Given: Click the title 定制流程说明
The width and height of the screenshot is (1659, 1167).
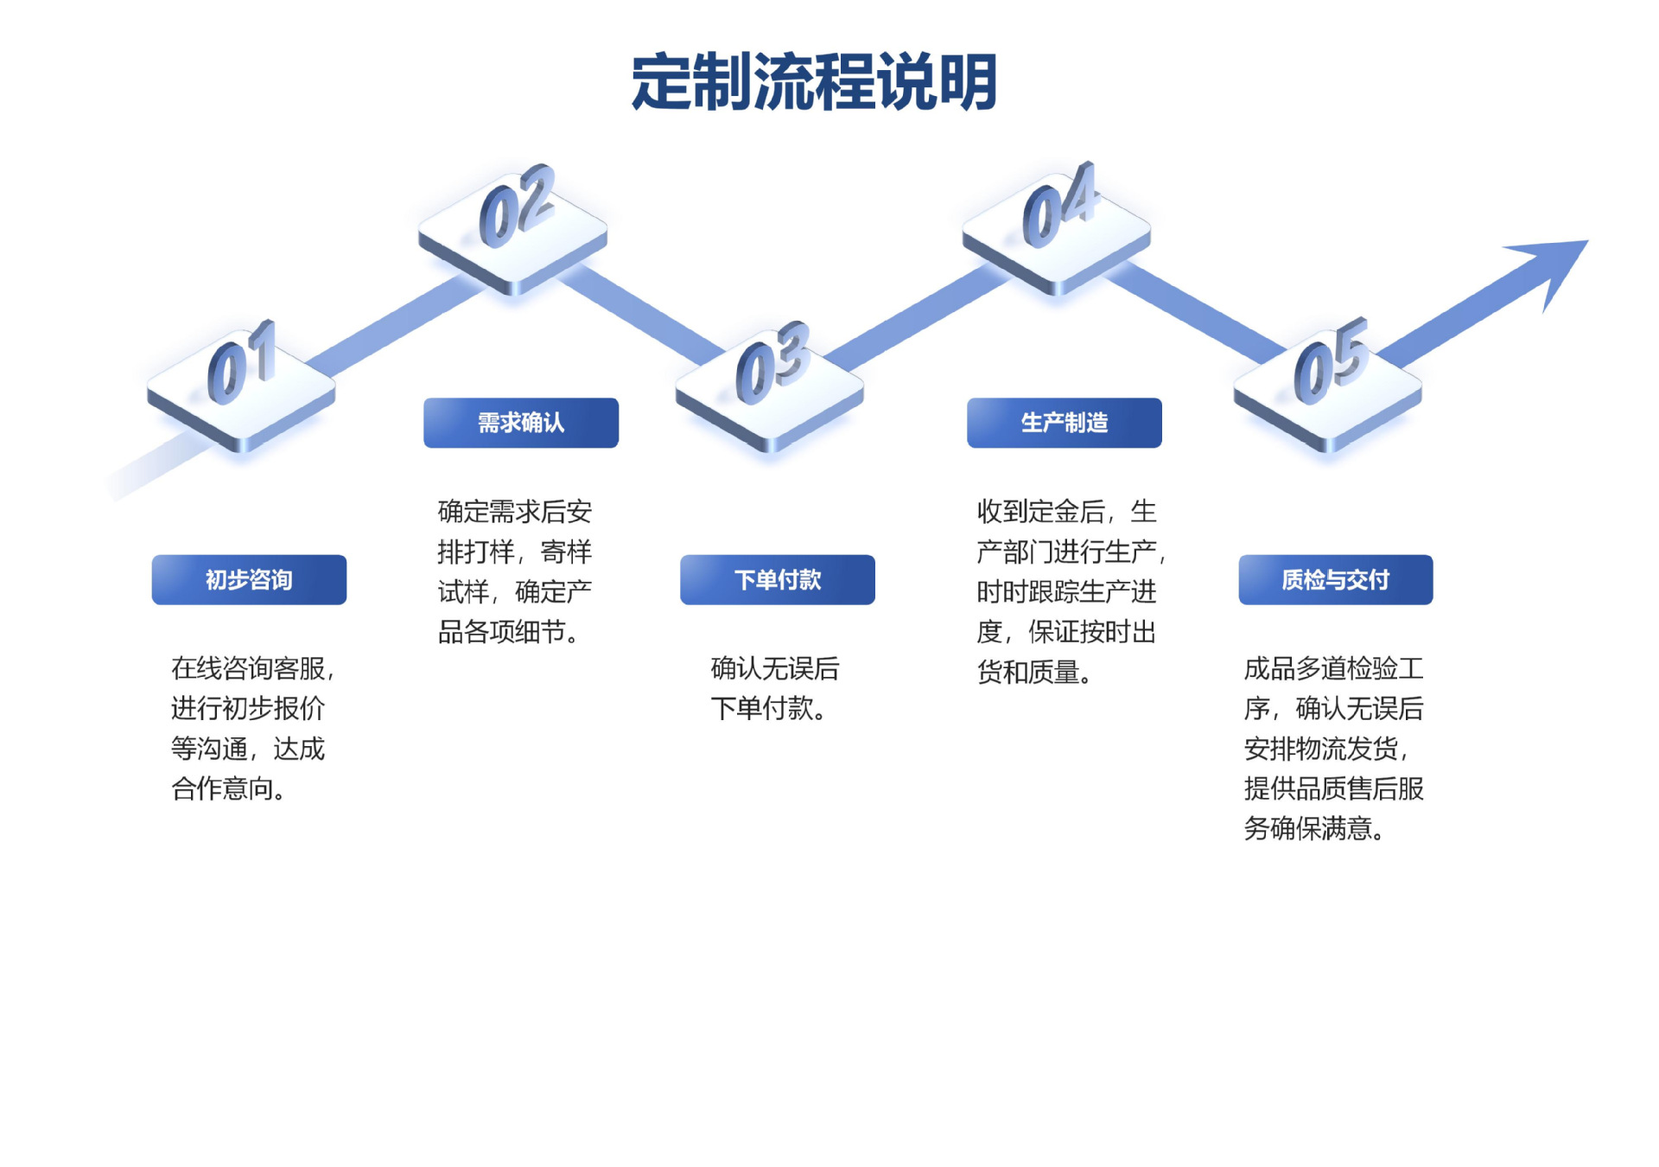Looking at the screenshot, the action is pyautogui.click(x=814, y=82).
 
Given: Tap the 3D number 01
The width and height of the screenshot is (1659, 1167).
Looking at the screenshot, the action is pyautogui.click(x=242, y=363).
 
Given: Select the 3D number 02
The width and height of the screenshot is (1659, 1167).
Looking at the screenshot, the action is pyautogui.click(x=517, y=206).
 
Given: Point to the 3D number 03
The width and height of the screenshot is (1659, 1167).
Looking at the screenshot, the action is pyautogui.click(x=772, y=363).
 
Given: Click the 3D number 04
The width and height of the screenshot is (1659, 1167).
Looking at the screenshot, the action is pyautogui.click(x=1059, y=204).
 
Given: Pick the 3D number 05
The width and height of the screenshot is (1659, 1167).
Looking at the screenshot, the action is pyautogui.click(x=1331, y=361).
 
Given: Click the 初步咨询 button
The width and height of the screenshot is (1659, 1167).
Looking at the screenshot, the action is pyautogui.click(x=249, y=579).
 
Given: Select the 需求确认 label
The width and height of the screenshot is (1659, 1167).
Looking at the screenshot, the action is pyautogui.click(x=521, y=423).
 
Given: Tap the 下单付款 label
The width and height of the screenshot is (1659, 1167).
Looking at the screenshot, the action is pyautogui.click(x=778, y=579).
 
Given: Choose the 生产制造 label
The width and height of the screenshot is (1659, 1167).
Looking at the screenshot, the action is pyautogui.click(x=1065, y=423).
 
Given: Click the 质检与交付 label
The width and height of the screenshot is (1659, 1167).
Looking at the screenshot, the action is pyautogui.click(x=1336, y=579).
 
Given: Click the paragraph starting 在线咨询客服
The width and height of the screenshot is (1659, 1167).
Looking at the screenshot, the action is pyautogui.click(x=252, y=729).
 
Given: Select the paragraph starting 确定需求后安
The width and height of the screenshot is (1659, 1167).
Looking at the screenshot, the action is pyautogui.click(x=515, y=571).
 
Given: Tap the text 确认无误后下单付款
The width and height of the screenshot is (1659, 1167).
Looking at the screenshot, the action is pyautogui.click(x=775, y=688).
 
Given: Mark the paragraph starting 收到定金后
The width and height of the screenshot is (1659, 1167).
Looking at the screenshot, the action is pyautogui.click(x=1071, y=591).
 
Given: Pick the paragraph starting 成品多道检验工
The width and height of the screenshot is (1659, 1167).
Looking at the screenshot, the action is pyautogui.click(x=1334, y=749).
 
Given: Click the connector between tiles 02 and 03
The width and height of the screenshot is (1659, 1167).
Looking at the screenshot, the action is pyautogui.click(x=644, y=314).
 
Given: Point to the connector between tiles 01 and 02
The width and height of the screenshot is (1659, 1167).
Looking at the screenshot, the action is pyautogui.click(x=396, y=327).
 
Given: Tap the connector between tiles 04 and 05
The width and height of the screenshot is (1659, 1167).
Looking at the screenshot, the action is pyautogui.click(x=1197, y=312).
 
